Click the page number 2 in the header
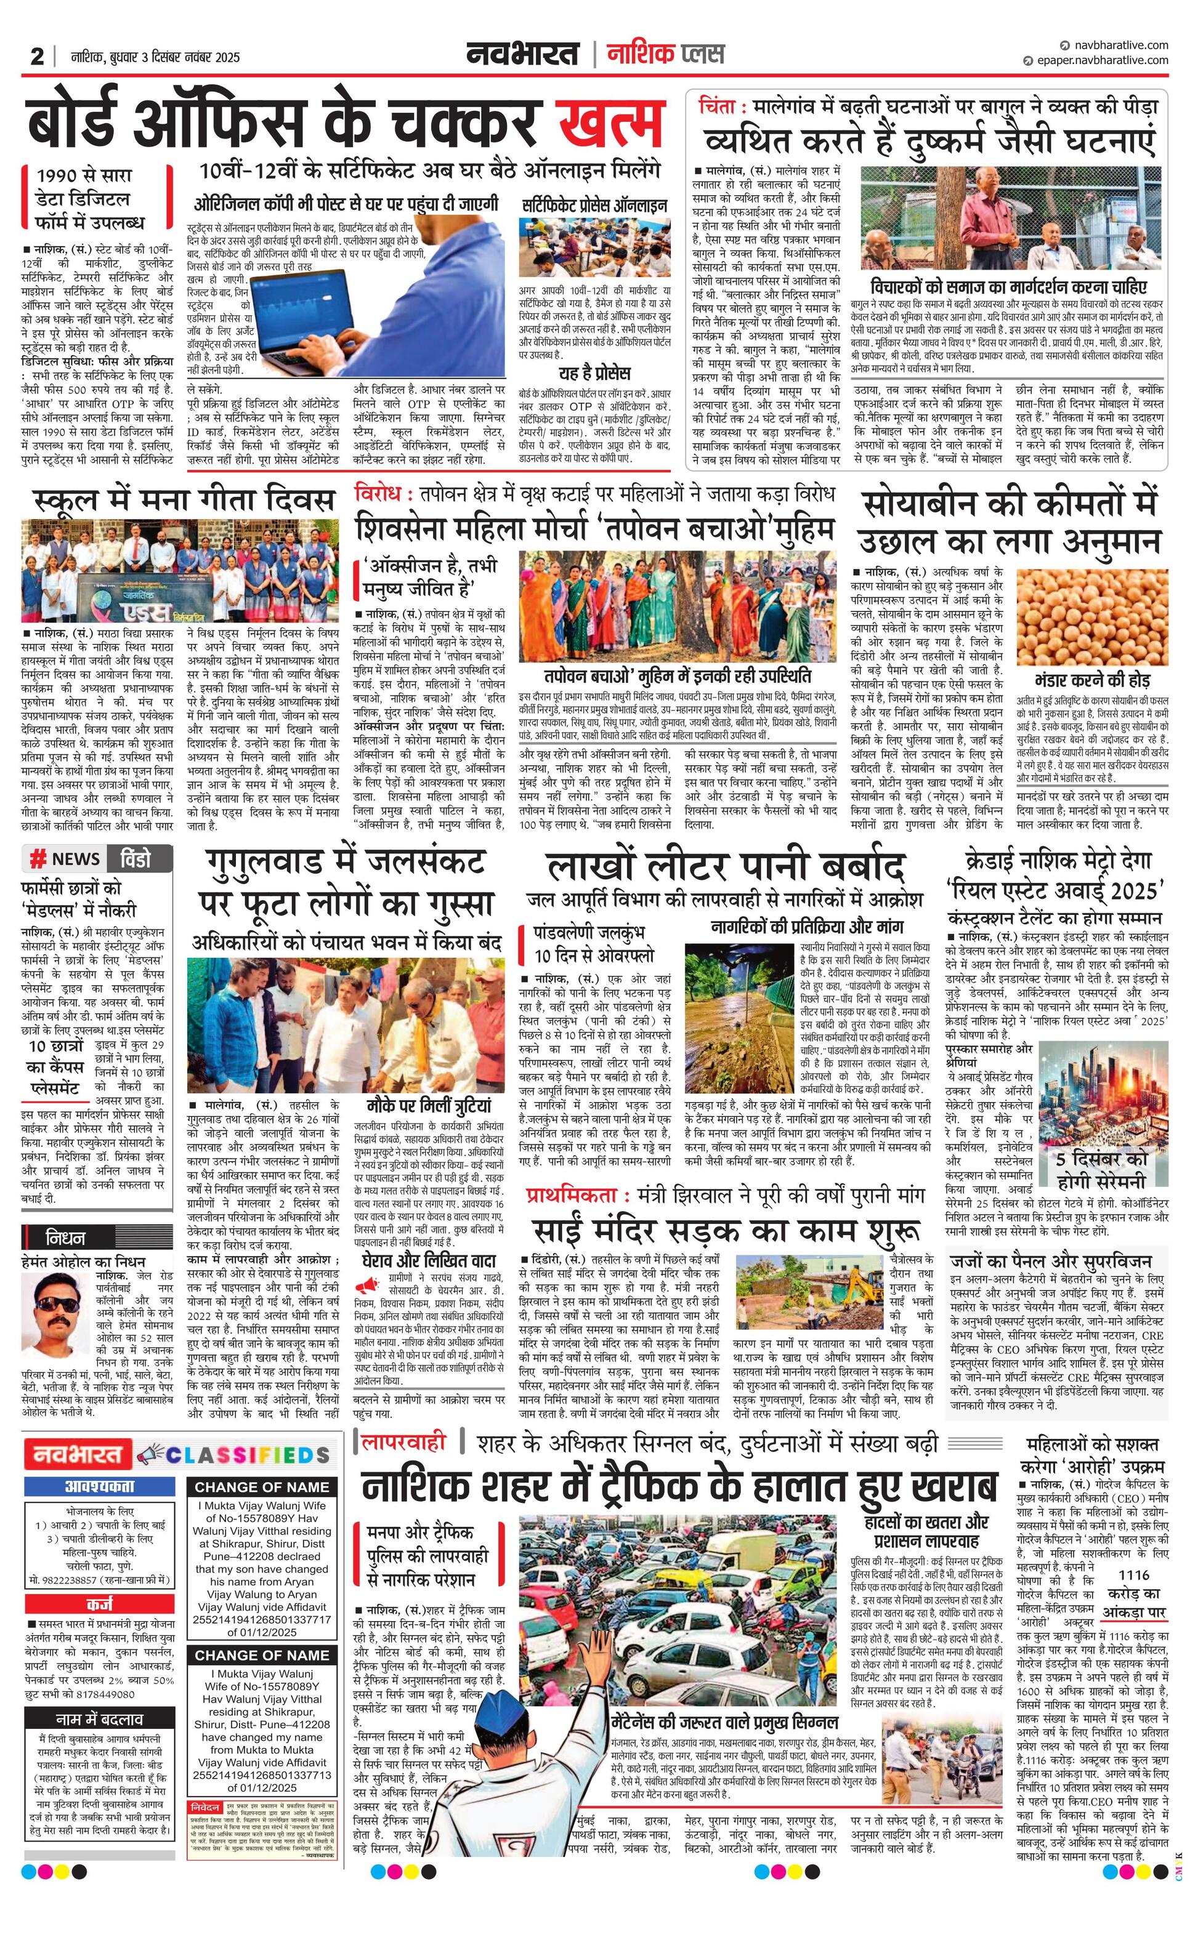pos(37,56)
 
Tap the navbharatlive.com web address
pos(1115,45)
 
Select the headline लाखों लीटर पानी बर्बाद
pos(724,866)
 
